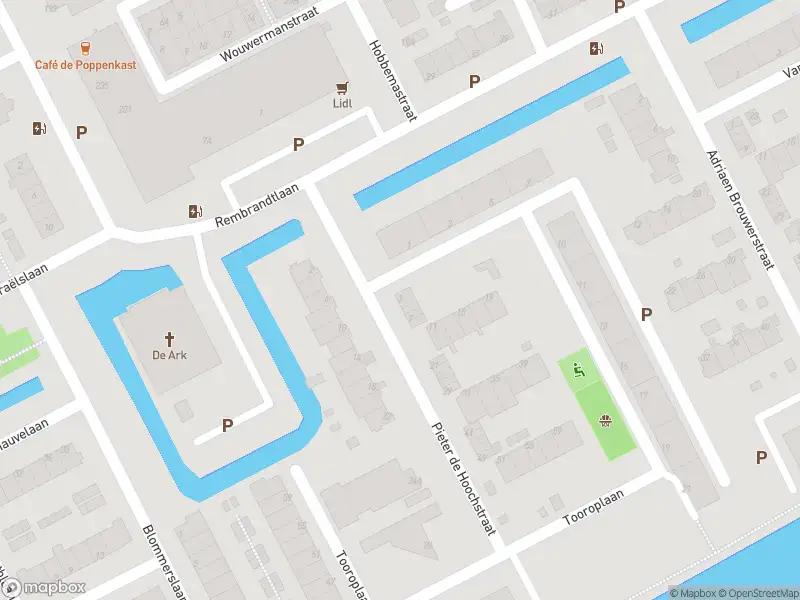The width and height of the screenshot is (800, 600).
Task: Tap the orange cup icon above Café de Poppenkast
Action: tap(86, 46)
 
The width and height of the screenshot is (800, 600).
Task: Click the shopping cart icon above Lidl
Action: tap(343, 87)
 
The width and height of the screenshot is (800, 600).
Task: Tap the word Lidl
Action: tap(343, 102)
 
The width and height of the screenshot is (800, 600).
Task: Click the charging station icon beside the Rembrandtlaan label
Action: tap(195, 211)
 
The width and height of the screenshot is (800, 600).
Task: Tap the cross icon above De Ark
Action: tap(170, 338)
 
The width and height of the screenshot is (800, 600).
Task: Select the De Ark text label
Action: tap(170, 355)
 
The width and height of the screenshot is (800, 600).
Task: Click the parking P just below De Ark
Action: tap(227, 425)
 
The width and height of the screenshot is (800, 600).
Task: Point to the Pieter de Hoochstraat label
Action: tap(464, 478)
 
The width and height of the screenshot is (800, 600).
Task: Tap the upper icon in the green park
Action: tap(578, 370)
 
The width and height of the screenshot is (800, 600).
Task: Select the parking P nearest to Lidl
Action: tap(298, 145)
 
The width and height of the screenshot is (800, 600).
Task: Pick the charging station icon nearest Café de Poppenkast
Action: tap(40, 128)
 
